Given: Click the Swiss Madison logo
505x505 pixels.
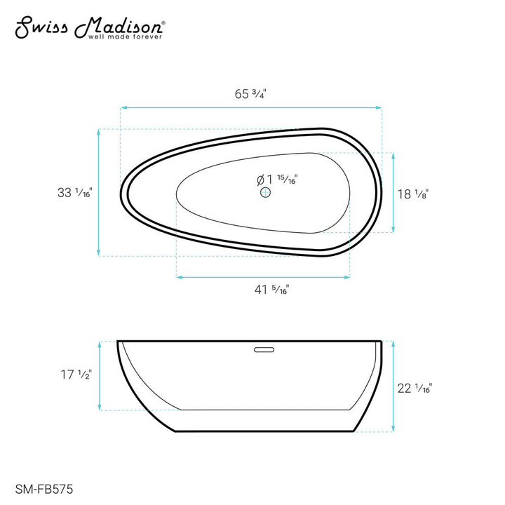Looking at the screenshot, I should [90, 26].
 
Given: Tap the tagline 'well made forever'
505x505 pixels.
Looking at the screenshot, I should [124, 36].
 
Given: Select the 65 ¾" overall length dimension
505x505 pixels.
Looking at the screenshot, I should [250, 93].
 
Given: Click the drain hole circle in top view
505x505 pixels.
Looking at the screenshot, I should [265, 193].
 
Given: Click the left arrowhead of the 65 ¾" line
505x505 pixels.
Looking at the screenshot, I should [123, 107].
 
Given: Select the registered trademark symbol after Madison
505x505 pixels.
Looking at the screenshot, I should [164, 22].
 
